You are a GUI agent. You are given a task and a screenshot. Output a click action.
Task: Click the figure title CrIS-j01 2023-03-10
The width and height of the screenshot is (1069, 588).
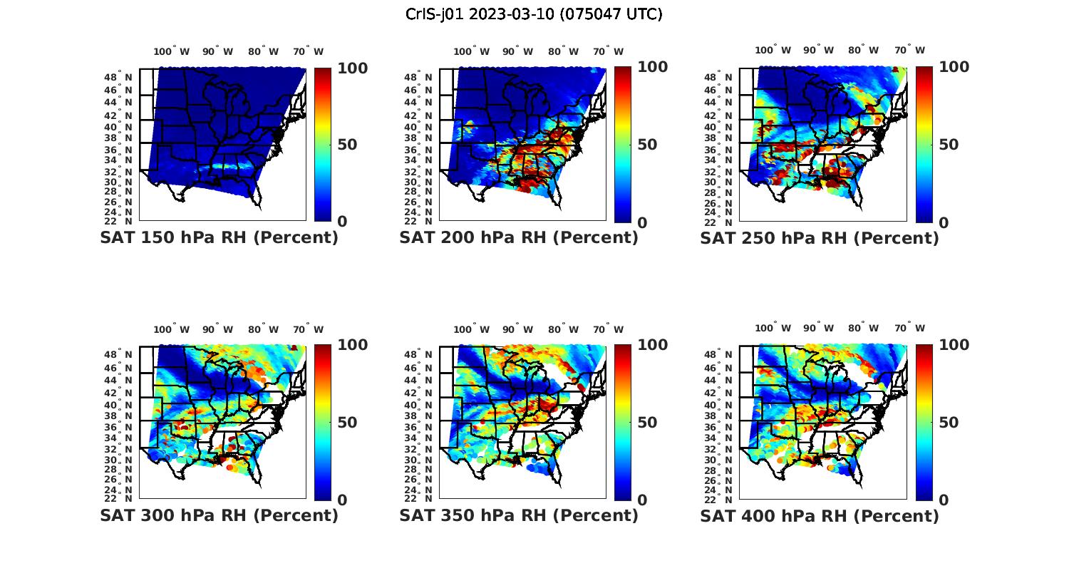tap(534, 14)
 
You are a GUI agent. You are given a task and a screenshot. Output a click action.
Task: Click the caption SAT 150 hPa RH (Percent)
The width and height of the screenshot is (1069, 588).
tap(219, 238)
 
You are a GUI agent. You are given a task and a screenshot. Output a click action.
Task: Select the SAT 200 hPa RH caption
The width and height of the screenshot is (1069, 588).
tap(519, 238)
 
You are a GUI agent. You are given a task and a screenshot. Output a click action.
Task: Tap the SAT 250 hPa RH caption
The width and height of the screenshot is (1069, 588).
tap(820, 238)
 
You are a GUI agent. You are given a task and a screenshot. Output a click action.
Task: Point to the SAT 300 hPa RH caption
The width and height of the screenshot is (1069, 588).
tap(219, 515)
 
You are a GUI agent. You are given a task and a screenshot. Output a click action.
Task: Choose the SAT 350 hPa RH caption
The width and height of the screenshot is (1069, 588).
tap(519, 515)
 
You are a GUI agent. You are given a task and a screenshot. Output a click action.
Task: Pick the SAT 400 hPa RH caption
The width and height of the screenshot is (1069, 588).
tap(820, 515)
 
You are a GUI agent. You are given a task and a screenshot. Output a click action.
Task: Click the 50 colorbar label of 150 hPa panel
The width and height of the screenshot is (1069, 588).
tap(347, 145)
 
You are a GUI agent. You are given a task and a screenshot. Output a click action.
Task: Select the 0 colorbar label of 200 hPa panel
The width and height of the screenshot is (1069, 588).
tap(642, 222)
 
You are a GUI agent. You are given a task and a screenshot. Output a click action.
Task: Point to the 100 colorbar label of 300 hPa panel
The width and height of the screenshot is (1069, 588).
tap(352, 345)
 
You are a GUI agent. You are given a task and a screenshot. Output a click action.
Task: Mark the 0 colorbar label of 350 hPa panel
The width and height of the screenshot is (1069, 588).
tap(642, 500)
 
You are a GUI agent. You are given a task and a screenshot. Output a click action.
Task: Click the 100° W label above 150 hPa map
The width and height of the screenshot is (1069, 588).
tap(172, 51)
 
